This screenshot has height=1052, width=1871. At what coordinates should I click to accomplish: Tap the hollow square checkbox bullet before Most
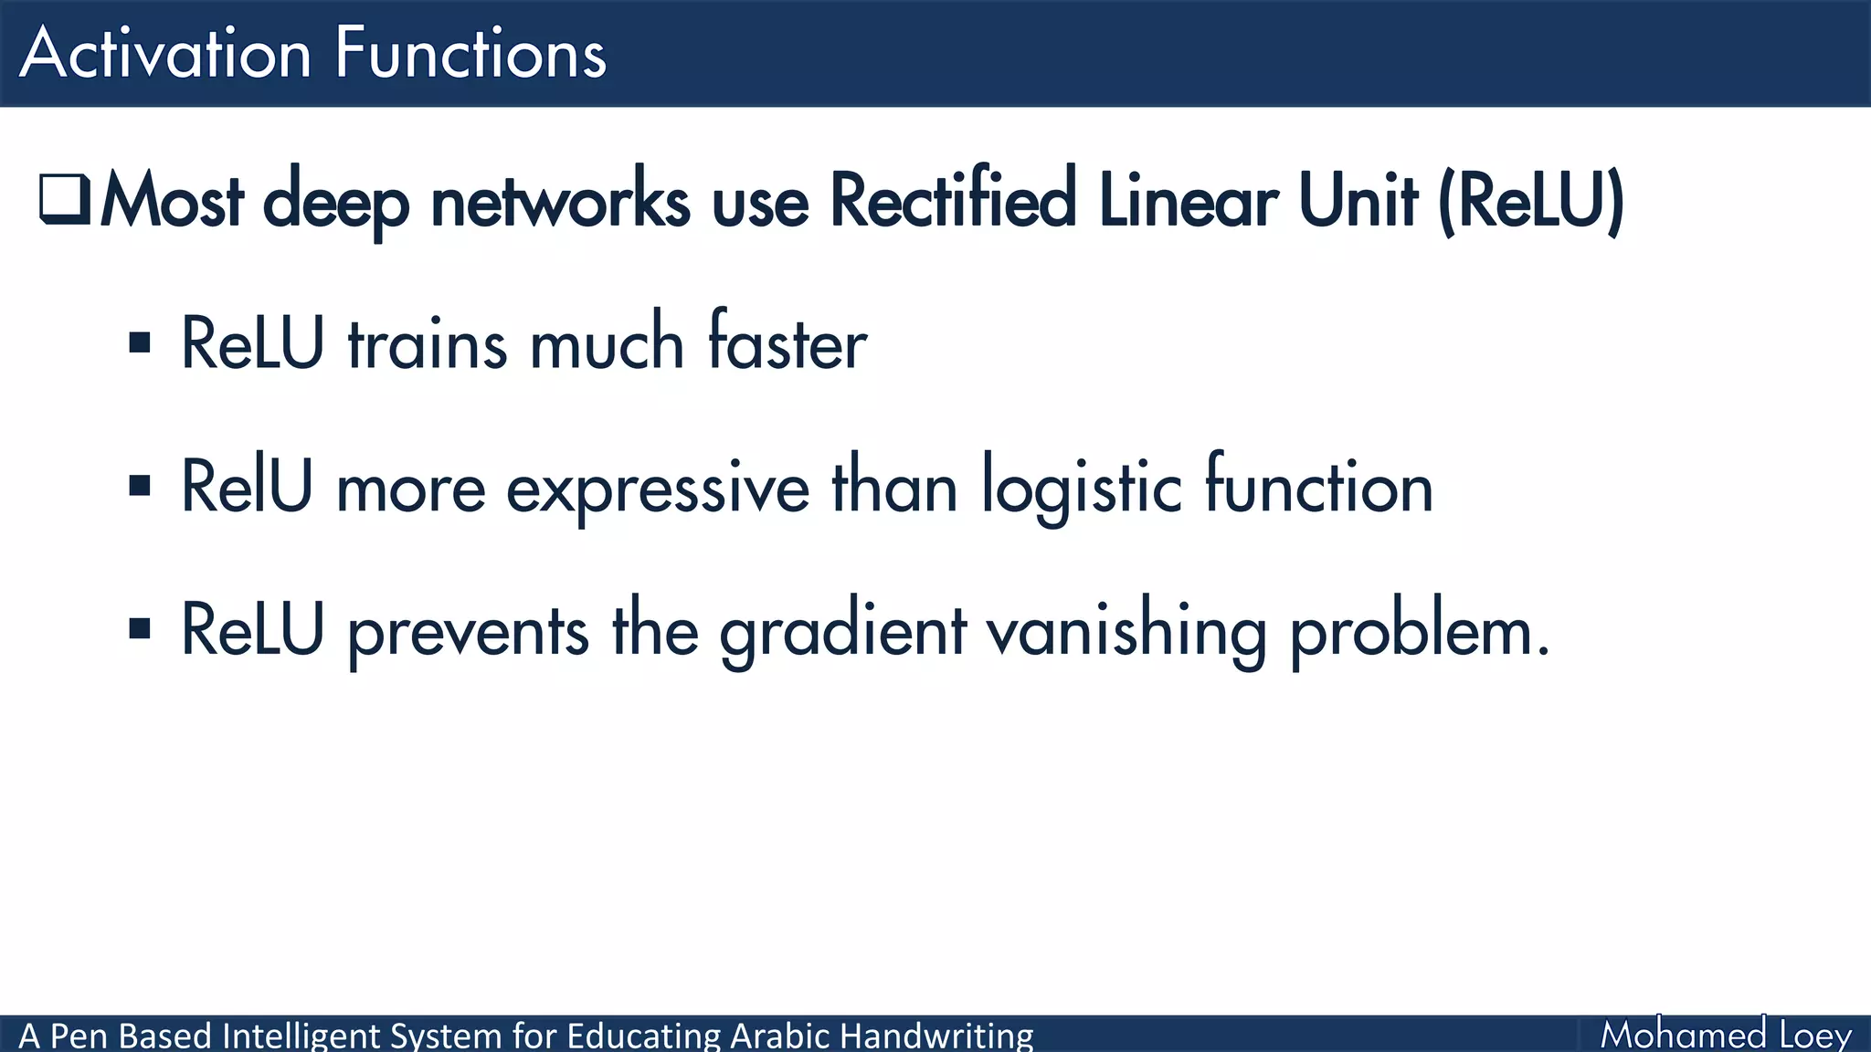tap(64, 199)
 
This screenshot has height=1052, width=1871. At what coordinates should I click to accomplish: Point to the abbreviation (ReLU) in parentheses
tap(1531, 200)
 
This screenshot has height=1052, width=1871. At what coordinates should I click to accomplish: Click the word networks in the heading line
tap(560, 200)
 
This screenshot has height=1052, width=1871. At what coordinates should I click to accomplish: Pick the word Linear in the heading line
tap(1188, 200)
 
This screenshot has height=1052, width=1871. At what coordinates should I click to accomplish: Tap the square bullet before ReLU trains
tap(140, 343)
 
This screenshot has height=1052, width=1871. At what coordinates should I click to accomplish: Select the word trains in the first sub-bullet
tap(427, 344)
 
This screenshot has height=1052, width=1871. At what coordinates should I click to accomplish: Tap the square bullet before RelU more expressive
tap(140, 486)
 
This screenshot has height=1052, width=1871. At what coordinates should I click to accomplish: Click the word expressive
tap(658, 489)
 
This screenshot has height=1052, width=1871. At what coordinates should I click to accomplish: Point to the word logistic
tap(1083, 489)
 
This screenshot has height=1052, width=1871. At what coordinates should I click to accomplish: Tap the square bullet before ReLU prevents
tap(140, 628)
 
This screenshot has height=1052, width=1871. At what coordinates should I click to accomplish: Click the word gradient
tap(842, 632)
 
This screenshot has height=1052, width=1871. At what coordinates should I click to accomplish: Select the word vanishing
tap(1126, 632)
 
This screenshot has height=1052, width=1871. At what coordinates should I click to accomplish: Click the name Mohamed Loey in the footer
tap(1725, 1035)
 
